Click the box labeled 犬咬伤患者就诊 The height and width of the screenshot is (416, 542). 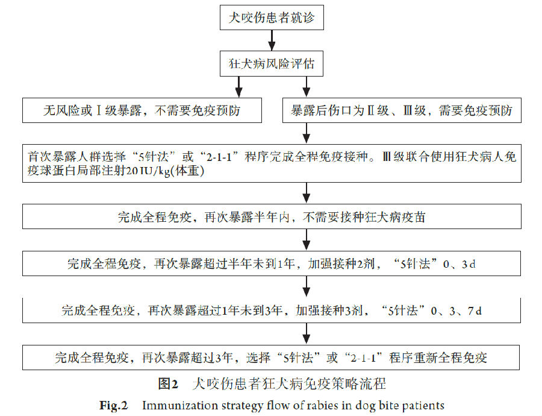(272, 17)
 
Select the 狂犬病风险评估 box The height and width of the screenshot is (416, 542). (272, 64)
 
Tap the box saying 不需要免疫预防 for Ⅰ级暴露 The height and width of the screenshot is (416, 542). (142, 110)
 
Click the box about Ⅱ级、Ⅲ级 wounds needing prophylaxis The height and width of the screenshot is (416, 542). (402, 110)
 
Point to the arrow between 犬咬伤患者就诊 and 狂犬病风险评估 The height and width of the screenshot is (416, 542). (272, 40)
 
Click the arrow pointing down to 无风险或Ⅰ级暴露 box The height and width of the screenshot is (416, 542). (238, 87)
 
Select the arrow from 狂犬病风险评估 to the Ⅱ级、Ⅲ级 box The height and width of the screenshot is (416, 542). (307, 87)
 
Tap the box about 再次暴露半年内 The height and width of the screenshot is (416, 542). (272, 216)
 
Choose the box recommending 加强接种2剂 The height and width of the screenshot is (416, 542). (272, 263)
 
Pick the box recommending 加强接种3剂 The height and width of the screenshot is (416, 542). (272, 310)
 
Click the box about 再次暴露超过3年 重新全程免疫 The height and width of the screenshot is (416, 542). (271, 357)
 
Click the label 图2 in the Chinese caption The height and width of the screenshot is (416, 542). (168, 384)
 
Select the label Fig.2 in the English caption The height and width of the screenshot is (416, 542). (113, 405)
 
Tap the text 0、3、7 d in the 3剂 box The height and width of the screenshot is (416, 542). (456, 310)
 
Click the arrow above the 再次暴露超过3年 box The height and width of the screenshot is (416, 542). (307, 334)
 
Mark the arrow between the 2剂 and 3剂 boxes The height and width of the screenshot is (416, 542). (307, 287)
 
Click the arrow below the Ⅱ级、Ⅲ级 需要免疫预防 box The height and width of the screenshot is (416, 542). (307, 133)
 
